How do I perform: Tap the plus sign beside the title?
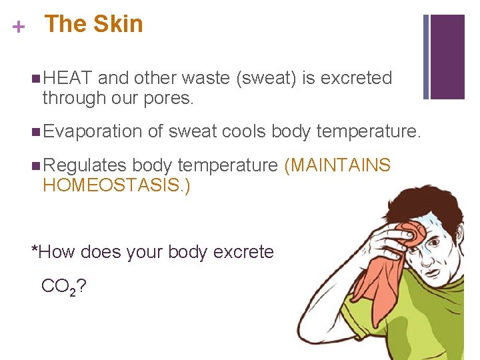(19, 27)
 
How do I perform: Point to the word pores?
(170, 98)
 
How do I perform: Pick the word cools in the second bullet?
(243, 131)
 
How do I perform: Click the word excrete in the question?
(243, 252)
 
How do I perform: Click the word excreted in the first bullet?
(357, 78)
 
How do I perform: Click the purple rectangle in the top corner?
(447, 57)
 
